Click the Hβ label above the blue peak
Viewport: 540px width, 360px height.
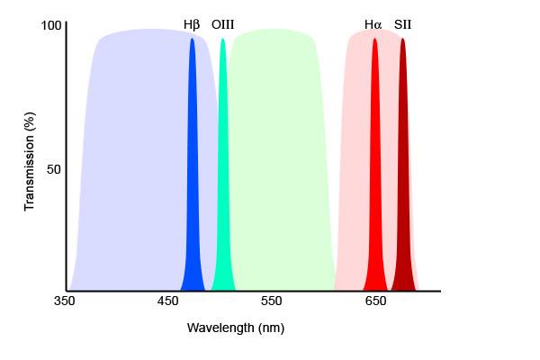click(192, 24)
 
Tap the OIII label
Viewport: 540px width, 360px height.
click(222, 24)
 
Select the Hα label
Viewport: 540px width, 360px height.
click(373, 24)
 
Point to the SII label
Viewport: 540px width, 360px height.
click(403, 24)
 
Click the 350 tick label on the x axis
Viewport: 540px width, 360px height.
click(65, 301)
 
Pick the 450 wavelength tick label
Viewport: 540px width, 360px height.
click(168, 301)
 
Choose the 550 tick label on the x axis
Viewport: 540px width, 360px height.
click(272, 301)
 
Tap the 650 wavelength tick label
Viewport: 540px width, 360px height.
click(375, 301)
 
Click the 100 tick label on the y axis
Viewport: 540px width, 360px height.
click(51, 26)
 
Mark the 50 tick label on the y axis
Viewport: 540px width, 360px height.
click(55, 169)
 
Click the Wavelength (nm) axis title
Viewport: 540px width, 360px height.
click(235, 328)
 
